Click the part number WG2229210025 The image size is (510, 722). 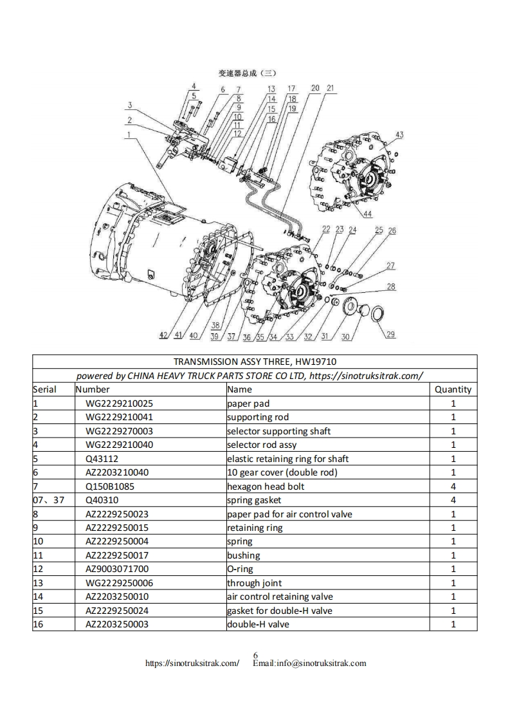(x=120, y=403)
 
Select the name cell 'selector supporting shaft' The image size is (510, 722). (x=278, y=431)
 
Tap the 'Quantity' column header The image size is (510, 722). (x=453, y=389)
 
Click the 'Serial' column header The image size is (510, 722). (x=45, y=389)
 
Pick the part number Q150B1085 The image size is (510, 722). (x=110, y=486)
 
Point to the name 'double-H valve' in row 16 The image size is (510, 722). (x=258, y=624)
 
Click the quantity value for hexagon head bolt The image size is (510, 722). (x=453, y=486)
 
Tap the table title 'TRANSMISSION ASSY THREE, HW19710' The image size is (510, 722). (x=255, y=362)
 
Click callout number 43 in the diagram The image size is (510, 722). (x=399, y=134)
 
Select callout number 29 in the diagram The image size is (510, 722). (x=391, y=334)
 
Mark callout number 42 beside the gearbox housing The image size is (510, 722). (x=163, y=335)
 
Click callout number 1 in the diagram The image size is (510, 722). (x=129, y=134)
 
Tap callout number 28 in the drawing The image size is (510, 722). (x=391, y=287)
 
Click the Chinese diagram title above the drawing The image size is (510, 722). (x=248, y=73)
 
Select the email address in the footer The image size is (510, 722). (x=309, y=663)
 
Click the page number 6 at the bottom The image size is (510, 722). (x=255, y=655)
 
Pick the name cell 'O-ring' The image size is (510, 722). (x=240, y=569)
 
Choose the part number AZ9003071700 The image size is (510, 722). (x=117, y=569)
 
